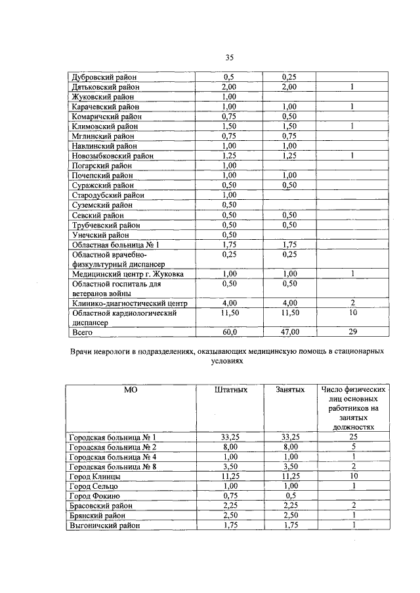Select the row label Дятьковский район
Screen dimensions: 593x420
105,86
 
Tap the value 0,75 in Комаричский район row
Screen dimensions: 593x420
229,116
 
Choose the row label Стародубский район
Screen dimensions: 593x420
105,195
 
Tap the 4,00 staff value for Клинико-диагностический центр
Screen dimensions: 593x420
229,303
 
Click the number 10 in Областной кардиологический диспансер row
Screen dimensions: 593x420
352,313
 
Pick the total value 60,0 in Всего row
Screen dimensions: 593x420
229,333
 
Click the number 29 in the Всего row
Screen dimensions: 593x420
352,333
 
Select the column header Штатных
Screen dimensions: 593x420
231,390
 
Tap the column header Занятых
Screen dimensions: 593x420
290,390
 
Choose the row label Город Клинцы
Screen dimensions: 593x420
94,476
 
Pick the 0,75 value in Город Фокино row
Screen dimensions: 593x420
229,496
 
